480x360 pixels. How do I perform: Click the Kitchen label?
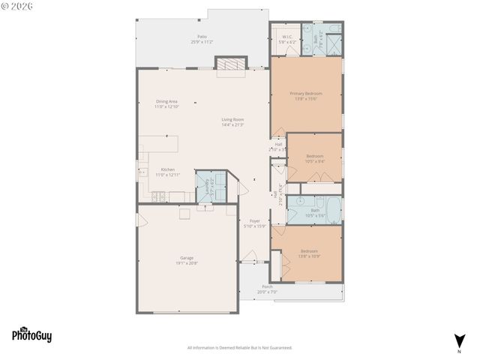tap(168, 170)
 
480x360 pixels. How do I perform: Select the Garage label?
tap(186, 258)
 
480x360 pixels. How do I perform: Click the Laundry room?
tap(210, 187)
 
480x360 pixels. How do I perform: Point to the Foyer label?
tap(255, 221)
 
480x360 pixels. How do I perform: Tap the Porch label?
tap(267, 286)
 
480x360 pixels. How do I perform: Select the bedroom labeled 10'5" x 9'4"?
tap(315, 158)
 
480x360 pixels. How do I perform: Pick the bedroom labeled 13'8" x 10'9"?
tap(310, 252)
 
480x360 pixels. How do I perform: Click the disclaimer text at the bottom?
tap(239, 348)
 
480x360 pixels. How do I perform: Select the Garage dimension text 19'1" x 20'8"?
tap(186, 262)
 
